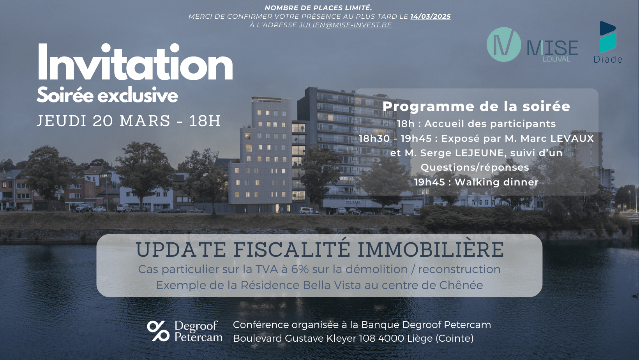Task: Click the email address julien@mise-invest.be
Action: point(345,25)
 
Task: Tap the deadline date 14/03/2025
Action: point(431,16)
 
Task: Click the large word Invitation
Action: point(135,62)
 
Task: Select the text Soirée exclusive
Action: point(107,95)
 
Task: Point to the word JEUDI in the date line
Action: point(62,121)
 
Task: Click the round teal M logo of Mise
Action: point(503,44)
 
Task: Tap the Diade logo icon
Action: point(607,37)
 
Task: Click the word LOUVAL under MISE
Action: point(556,59)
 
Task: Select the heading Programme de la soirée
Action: point(477,106)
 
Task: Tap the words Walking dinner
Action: point(496,182)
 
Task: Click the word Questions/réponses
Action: point(475,168)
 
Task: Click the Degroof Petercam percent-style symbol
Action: point(158,331)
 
